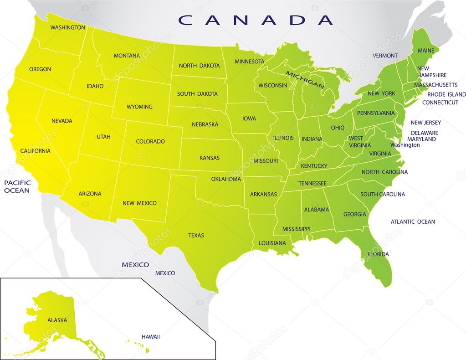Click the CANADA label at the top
pyautogui.click(x=256, y=20)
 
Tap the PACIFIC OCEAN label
pyautogui.click(x=17, y=186)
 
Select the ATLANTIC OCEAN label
pyautogui.click(x=413, y=222)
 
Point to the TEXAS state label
pyautogui.click(x=196, y=236)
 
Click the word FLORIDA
pyautogui.click(x=378, y=254)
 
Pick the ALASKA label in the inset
pyautogui.click(x=57, y=320)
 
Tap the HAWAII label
pyautogui.click(x=150, y=337)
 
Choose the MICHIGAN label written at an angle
pyautogui.click(x=305, y=79)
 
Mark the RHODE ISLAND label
pyautogui.click(x=446, y=94)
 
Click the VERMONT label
pyautogui.click(x=385, y=56)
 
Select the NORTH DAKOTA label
pyautogui.click(x=199, y=66)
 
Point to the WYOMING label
pyautogui.click(x=139, y=107)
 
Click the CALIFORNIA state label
pyautogui.click(x=36, y=151)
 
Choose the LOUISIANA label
pyautogui.click(x=272, y=243)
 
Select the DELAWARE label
pyautogui.click(x=424, y=133)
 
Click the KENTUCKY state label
pyautogui.click(x=314, y=166)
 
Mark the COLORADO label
pyautogui.click(x=150, y=142)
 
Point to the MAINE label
pyautogui.click(x=426, y=50)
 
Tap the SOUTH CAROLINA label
pyautogui.click(x=383, y=195)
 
